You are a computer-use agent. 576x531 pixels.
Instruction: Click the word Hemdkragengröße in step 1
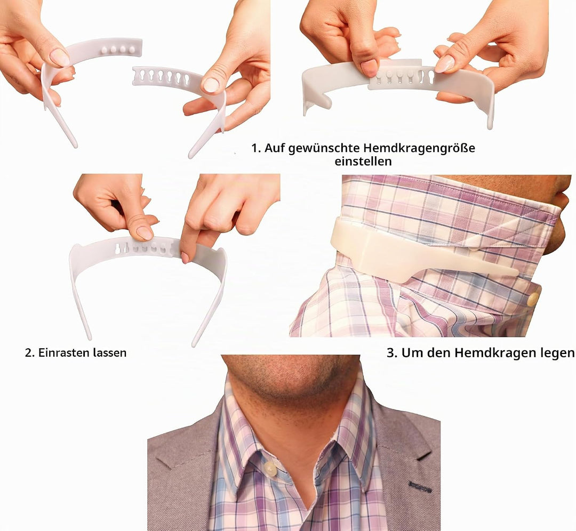[419, 148]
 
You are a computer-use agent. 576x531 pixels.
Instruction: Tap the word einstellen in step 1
[363, 162]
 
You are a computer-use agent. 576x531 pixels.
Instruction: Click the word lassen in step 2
[110, 353]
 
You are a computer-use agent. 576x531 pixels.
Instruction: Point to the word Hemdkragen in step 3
[495, 353]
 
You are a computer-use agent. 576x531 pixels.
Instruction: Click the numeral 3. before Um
[392, 353]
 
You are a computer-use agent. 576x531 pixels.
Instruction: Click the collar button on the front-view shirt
[270, 468]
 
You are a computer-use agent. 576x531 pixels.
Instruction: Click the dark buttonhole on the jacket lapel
[420, 486]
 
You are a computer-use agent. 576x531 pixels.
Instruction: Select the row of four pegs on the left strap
[117, 49]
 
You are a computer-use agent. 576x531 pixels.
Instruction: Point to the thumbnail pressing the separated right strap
[211, 85]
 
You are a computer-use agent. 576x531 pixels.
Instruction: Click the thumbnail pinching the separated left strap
[60, 57]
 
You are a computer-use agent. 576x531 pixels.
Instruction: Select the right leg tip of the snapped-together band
[194, 344]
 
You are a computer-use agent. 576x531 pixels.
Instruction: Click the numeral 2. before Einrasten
[29, 353]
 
